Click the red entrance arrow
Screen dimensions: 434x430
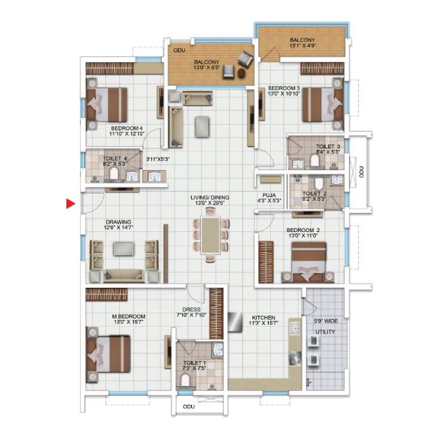70,204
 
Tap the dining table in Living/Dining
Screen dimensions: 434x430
211,235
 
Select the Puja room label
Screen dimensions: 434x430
269,195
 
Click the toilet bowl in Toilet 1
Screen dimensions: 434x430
186,380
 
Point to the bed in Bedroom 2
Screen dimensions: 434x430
309,262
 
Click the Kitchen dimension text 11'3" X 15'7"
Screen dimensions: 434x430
264,323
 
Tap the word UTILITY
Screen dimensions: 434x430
325,332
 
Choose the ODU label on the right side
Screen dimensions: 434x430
361,171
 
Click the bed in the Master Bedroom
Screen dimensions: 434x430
108,354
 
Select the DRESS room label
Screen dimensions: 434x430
191,309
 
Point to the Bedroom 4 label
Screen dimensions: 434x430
127,128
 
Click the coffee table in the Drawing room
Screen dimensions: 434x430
124,249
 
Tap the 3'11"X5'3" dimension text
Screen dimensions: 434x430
158,160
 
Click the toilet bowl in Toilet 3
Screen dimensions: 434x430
315,160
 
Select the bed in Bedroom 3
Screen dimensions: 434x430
323,105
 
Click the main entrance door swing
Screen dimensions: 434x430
93,204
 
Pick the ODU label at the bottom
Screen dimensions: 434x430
189,406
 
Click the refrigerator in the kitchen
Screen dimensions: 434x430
235,322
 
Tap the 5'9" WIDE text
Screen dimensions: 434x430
326,321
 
